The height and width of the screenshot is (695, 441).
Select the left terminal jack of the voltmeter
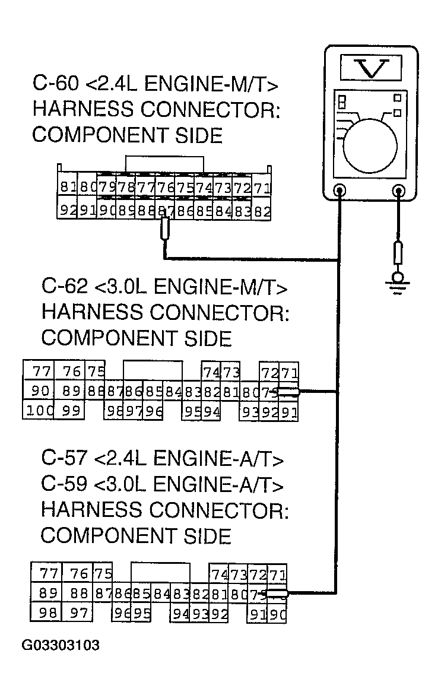coord(340,191)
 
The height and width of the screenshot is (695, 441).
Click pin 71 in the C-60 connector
coord(262,188)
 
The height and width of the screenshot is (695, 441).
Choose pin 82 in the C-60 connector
coord(262,210)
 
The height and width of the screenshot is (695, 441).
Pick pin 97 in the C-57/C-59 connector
coord(78,612)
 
